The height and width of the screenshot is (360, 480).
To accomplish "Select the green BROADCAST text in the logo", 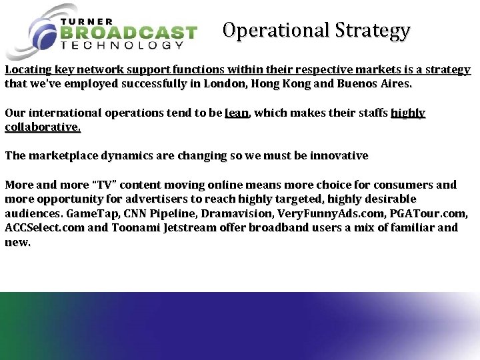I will (129, 33).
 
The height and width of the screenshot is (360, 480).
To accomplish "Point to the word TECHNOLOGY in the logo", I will (122, 46).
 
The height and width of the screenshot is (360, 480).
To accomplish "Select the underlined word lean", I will (237, 113).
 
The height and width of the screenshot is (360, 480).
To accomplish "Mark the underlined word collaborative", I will (42, 127).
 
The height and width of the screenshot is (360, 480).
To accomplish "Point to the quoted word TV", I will (105, 185).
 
